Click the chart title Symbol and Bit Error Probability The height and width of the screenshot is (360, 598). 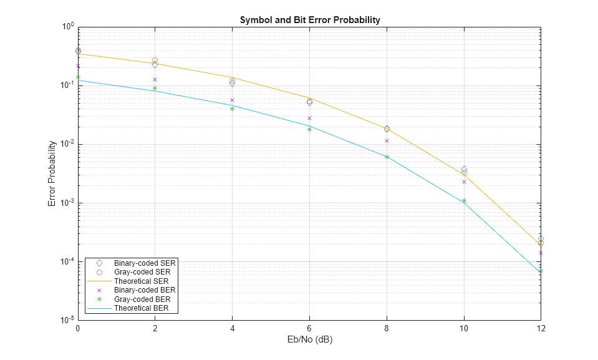[x=310, y=20]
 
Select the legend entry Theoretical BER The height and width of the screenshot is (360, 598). [x=142, y=308]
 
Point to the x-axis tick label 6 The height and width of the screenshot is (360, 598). [x=310, y=328]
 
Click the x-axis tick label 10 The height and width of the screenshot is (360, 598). [x=464, y=328]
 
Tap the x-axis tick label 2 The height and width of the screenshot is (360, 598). [x=155, y=328]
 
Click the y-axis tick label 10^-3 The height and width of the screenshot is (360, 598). [x=67, y=203]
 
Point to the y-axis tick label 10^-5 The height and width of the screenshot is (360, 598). [x=67, y=321]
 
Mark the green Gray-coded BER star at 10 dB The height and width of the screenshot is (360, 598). [x=464, y=201]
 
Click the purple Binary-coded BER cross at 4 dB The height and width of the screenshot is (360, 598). [x=233, y=100]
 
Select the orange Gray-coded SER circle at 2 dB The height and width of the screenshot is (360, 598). [x=155, y=61]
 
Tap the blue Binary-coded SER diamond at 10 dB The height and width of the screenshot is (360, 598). [x=464, y=169]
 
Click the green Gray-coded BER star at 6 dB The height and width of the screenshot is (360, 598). [x=310, y=129]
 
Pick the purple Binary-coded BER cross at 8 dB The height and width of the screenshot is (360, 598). [x=387, y=140]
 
